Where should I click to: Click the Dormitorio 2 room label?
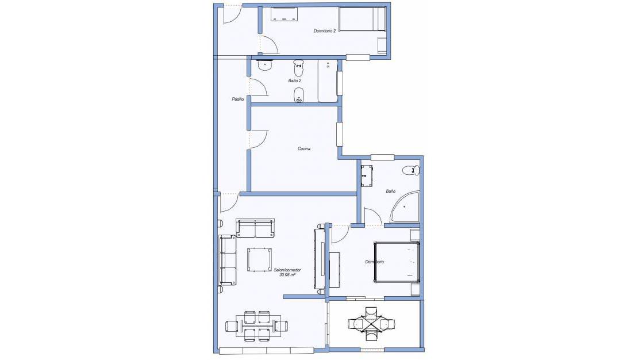tap(324, 31)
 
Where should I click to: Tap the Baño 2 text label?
tap(295, 81)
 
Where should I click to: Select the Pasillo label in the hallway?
tap(237, 99)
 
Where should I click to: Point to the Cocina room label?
tap(304, 148)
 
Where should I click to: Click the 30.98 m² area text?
tap(287, 275)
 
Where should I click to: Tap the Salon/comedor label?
tap(287, 270)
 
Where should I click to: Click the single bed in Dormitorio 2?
tap(362, 19)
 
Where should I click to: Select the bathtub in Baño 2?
tap(328, 81)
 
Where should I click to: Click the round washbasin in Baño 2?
tap(265, 65)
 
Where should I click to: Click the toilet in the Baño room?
tap(410, 170)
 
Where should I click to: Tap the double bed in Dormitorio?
tap(397, 262)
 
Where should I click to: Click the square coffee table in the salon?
tap(260, 260)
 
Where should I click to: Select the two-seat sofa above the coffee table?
tap(255, 228)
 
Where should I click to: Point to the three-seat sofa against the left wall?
tap(228, 260)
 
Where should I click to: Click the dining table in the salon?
tap(258, 326)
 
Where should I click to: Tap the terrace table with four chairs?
tap(371, 324)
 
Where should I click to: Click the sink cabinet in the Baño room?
tap(367, 175)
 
